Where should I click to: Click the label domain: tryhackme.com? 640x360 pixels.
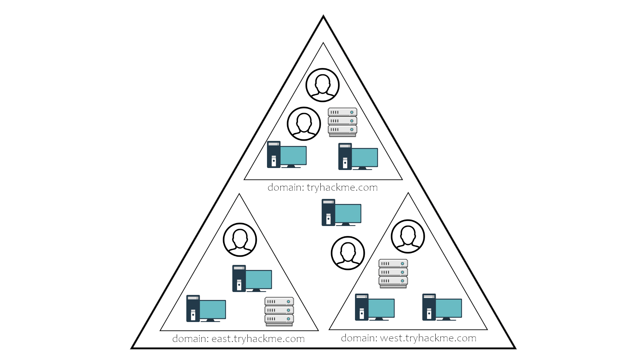pos(322,188)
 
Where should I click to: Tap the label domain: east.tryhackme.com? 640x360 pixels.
pos(238,339)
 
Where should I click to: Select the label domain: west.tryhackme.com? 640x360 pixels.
pos(408,338)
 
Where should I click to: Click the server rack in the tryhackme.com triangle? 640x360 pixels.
pos(342,122)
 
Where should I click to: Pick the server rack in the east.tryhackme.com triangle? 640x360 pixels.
pos(279,311)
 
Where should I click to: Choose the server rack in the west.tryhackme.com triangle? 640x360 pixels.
pos(393,273)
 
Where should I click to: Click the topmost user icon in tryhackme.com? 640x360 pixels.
pos(322,85)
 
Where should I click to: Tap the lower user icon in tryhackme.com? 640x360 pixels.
pos(304,124)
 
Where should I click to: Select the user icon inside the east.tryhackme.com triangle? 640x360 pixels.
pos(240,240)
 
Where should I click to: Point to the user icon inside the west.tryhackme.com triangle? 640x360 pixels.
pos(408,236)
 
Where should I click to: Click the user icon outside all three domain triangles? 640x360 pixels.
pos(348,253)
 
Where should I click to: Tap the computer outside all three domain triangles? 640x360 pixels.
pos(341,212)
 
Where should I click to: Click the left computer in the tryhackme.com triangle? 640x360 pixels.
pos(287,154)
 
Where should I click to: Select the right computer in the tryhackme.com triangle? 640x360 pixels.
pos(358,156)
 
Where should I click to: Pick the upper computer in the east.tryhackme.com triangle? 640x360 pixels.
pos(252,278)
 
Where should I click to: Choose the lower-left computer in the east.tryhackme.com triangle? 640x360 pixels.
pos(206,308)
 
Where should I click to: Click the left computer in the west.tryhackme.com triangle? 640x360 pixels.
pos(375,307)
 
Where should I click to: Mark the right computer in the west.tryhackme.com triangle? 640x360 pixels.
pos(442,307)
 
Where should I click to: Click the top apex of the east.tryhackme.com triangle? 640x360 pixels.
pos(239,194)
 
